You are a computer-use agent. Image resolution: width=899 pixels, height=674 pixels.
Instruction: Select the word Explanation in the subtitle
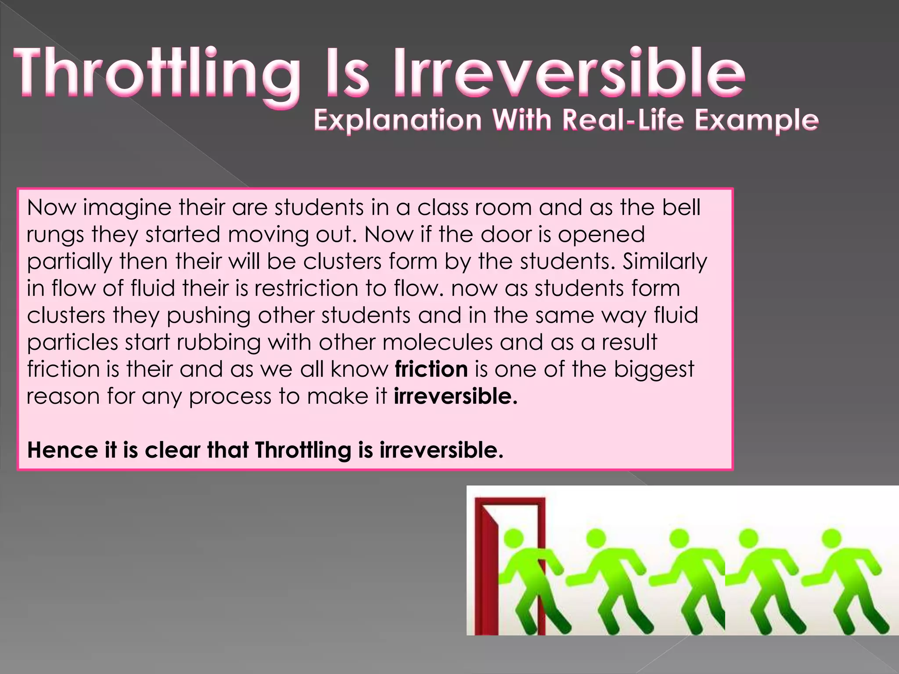(x=398, y=120)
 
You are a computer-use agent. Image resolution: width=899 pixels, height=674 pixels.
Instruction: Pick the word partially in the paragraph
(x=69, y=262)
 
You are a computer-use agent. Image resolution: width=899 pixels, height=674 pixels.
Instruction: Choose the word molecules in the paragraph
(x=438, y=342)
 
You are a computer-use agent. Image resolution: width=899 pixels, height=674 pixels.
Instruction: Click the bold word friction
(x=431, y=369)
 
